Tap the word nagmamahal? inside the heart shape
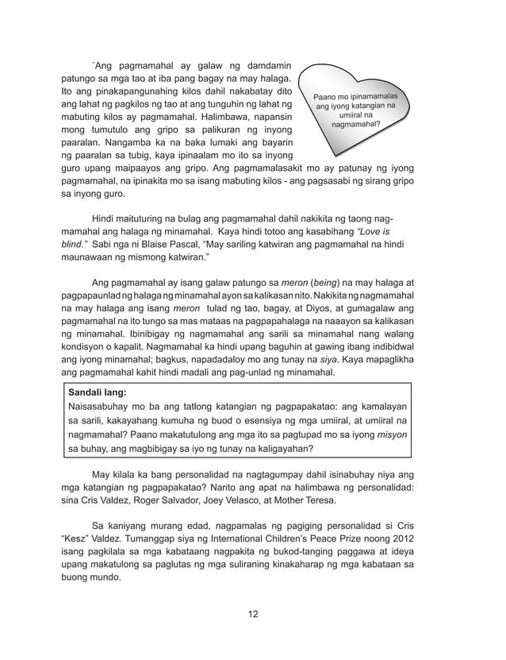(x=355, y=125)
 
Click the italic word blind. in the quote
(x=74, y=242)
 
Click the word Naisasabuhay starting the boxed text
(x=102, y=405)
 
